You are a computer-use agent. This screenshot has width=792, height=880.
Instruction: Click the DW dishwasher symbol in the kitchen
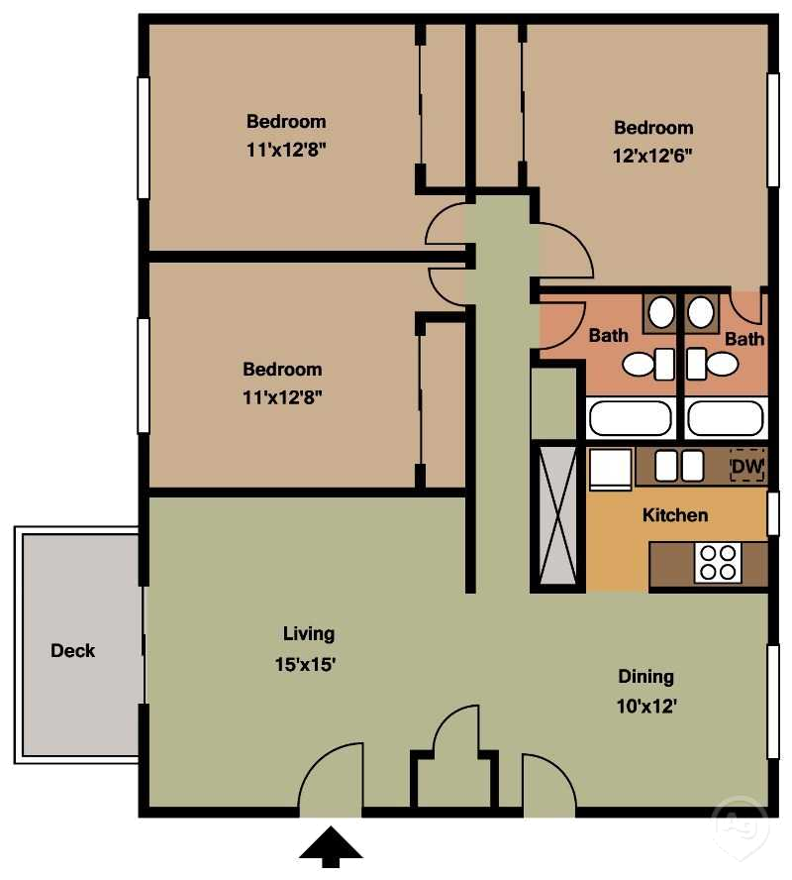(747, 466)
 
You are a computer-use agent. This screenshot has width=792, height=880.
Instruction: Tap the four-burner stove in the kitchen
(718, 563)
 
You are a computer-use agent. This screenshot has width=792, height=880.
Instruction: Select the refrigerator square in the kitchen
(610, 468)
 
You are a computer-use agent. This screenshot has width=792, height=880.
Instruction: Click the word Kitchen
(675, 515)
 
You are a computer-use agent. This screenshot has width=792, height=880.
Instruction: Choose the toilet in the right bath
(713, 365)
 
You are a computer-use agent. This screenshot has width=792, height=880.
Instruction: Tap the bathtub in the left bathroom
(630, 418)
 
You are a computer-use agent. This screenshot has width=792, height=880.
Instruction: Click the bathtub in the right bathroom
(726, 418)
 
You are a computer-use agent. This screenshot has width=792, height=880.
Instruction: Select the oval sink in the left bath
(660, 314)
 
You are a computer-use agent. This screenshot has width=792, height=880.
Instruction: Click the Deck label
(73, 651)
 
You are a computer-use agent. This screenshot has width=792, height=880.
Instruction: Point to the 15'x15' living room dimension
(309, 665)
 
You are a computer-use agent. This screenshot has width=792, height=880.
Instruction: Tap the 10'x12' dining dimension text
(645, 708)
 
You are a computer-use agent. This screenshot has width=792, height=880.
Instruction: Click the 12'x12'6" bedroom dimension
(653, 156)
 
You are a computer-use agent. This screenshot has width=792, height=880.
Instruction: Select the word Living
(309, 633)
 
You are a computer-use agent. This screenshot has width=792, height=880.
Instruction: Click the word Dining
(645, 677)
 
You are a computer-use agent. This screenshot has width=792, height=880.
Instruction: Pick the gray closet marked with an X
(557, 514)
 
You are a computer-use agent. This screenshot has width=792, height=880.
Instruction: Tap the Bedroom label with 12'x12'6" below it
(653, 128)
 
